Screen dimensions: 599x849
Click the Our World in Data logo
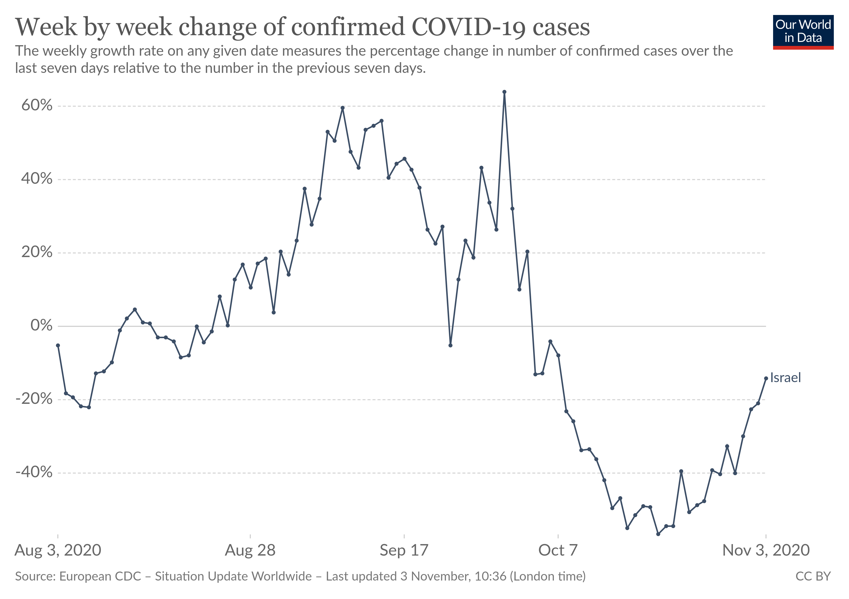click(x=803, y=32)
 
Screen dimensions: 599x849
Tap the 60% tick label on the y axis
click(x=37, y=106)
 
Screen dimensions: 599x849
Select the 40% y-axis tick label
click(x=37, y=179)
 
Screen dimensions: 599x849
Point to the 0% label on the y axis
click(x=41, y=325)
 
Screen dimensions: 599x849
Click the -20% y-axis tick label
click(x=34, y=399)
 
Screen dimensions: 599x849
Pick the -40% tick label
click(x=34, y=472)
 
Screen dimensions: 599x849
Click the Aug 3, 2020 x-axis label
click(x=58, y=550)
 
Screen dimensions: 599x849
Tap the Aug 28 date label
click(x=250, y=550)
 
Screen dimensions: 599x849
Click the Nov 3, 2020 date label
click(x=766, y=550)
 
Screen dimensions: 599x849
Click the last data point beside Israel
click(x=766, y=378)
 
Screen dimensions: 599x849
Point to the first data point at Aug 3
click(x=58, y=345)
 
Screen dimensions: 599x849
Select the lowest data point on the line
click(x=658, y=534)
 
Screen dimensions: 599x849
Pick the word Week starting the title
click(x=46, y=27)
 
